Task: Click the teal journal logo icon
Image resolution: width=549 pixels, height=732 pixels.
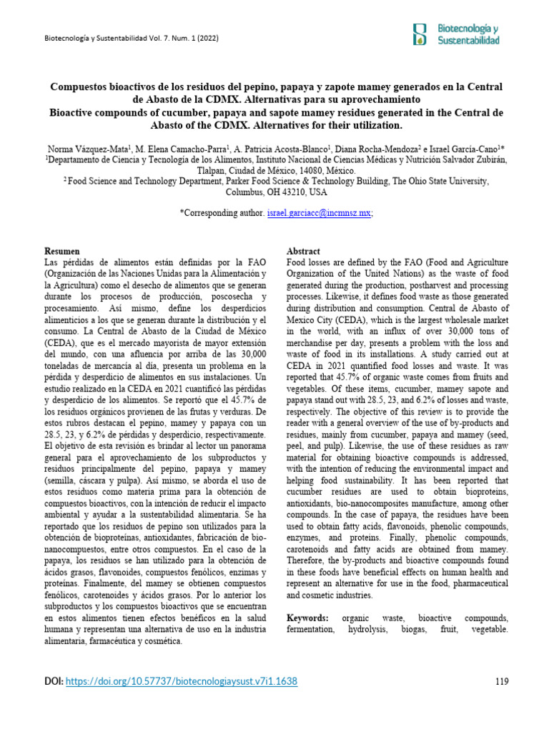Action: (x=421, y=34)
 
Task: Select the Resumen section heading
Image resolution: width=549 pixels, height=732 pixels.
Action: (x=62, y=252)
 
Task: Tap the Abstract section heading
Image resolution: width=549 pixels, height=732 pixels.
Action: (x=304, y=252)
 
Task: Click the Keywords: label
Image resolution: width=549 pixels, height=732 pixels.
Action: (x=308, y=617)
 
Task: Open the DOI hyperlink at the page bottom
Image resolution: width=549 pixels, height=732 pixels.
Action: (x=182, y=682)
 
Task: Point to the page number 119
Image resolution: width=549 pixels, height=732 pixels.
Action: (x=502, y=682)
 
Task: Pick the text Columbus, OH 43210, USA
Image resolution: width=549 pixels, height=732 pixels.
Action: (x=276, y=193)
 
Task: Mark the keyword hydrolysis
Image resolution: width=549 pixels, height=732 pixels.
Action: (x=366, y=630)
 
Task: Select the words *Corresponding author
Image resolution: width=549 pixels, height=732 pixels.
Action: (x=222, y=213)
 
